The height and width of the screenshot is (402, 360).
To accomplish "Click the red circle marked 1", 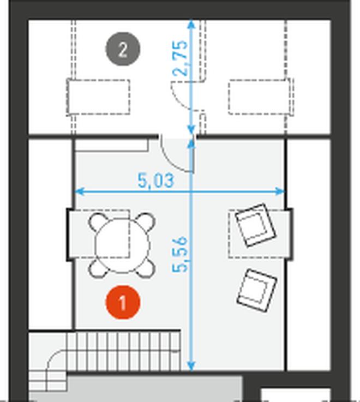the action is (123, 303).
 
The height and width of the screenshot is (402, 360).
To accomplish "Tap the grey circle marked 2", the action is (123, 49).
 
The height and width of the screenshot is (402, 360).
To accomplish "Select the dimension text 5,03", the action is (156, 181).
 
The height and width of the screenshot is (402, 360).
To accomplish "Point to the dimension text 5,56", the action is (180, 254).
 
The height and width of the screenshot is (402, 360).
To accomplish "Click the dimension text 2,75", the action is (180, 58).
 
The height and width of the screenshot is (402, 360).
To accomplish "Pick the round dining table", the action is (122, 245).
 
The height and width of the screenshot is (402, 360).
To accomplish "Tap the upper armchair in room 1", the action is (256, 225).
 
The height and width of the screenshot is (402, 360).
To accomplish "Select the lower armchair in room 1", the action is (257, 290).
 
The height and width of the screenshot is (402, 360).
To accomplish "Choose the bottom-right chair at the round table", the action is (146, 269).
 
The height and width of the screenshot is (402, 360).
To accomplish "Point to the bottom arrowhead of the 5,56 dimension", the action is (191, 365).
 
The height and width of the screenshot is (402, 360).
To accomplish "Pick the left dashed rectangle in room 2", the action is (98, 97).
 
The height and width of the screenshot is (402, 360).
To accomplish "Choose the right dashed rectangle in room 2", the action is (260, 97).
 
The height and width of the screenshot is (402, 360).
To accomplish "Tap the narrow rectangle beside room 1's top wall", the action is (112, 146).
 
